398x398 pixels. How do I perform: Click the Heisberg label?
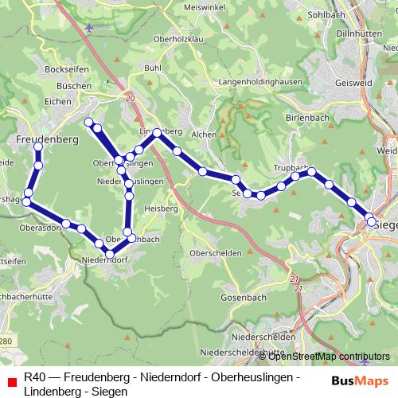(159, 208)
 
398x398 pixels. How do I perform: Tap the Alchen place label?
(204, 135)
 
